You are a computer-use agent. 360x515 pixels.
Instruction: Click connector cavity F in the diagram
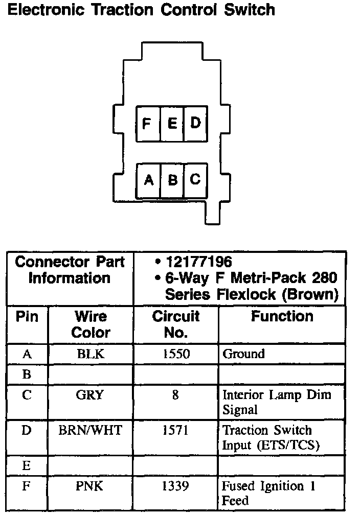click(147, 123)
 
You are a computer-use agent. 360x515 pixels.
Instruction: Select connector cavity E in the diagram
click(172, 123)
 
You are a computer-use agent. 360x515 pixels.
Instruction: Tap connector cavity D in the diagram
click(195, 123)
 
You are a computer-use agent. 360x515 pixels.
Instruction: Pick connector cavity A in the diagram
click(148, 180)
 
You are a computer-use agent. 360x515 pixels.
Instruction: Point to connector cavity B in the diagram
click(172, 180)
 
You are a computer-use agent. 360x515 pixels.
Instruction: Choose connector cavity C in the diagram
click(195, 180)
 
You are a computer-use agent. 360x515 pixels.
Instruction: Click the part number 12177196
click(199, 263)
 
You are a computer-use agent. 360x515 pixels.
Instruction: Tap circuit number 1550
click(175, 354)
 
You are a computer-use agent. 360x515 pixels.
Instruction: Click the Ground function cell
click(243, 354)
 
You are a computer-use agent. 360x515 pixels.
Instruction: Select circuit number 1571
click(175, 430)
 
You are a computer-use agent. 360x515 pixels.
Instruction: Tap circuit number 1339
click(175, 486)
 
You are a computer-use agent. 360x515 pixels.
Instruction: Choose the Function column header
click(282, 317)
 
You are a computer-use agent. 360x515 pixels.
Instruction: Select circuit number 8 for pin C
click(175, 395)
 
